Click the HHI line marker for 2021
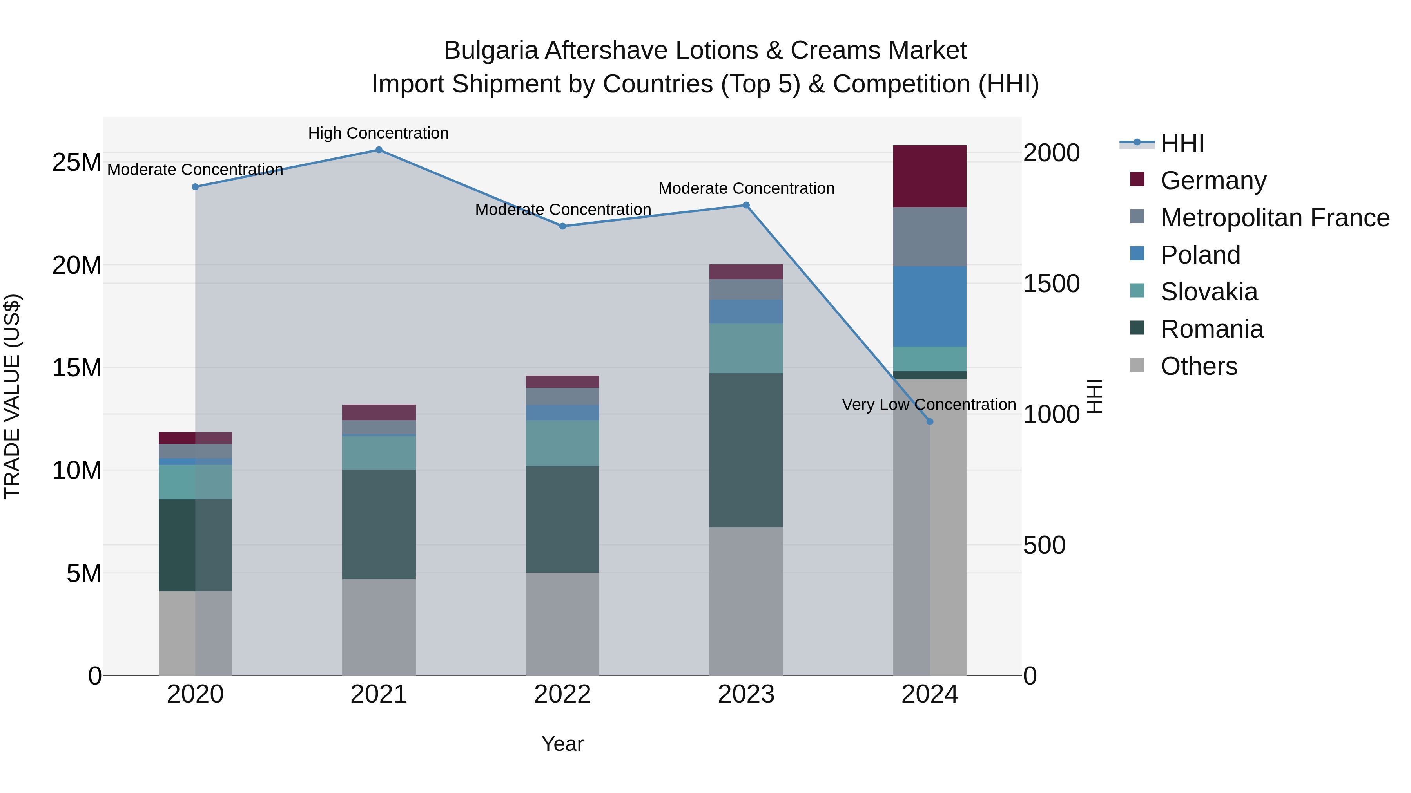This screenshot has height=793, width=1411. click(379, 150)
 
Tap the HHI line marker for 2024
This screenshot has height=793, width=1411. click(930, 422)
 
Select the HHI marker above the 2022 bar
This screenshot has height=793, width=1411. click(562, 226)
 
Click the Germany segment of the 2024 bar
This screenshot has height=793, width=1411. click(930, 176)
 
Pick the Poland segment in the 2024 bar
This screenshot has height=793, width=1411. click(930, 307)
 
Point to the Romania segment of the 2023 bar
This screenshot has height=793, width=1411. click(746, 450)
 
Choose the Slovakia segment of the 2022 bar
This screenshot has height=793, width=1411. click(562, 443)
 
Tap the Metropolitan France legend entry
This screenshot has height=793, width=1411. click(1275, 218)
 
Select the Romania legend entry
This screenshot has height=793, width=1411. click(1212, 329)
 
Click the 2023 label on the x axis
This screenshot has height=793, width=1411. click(746, 694)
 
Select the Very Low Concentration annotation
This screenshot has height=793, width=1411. click(929, 405)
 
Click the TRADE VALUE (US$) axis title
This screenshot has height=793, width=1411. click(12, 396)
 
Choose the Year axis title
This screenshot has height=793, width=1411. click(562, 744)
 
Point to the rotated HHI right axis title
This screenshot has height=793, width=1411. click(1094, 396)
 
